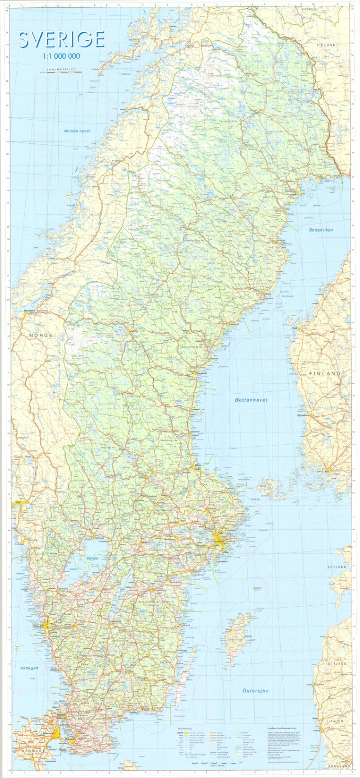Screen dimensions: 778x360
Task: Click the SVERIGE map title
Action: click(x=61, y=39)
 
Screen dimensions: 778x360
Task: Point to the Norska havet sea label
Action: click(x=77, y=131)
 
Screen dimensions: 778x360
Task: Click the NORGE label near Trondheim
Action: click(x=40, y=335)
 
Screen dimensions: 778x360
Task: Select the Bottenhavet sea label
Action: click(x=251, y=400)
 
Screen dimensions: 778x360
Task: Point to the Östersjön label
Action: click(x=256, y=690)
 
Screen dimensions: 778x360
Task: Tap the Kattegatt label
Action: click(x=30, y=668)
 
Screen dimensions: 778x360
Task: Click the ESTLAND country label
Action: click(x=337, y=567)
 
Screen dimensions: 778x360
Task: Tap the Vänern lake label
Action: click(x=92, y=558)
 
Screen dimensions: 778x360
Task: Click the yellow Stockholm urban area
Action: click(x=219, y=539)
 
